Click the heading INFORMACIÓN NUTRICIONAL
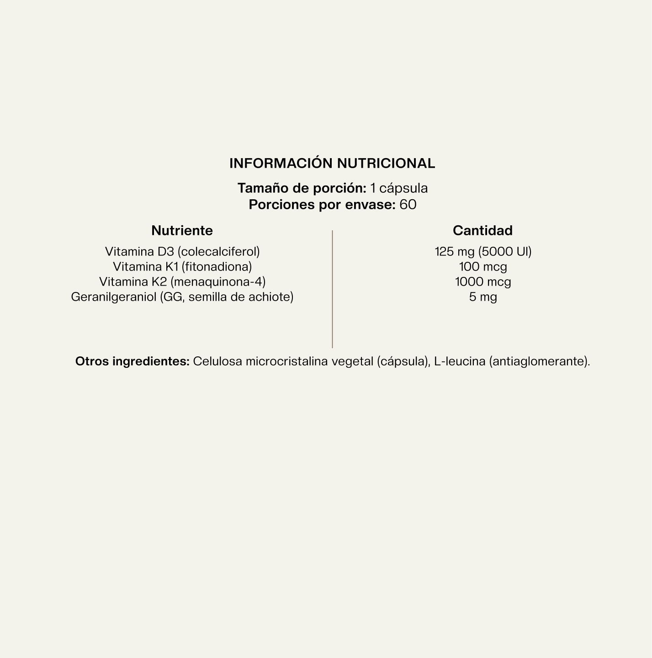click(332, 164)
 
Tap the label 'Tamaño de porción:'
click(302, 188)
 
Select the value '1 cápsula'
click(399, 188)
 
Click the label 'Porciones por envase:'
click(322, 205)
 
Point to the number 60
click(408, 205)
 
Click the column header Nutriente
click(182, 231)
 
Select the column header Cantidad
click(482, 231)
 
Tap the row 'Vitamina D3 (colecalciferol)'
click(182, 252)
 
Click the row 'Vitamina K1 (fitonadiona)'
click(182, 267)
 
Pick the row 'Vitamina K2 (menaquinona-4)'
click(182, 282)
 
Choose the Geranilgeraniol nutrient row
click(182, 297)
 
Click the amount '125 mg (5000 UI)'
click(483, 252)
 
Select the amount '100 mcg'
click(483, 267)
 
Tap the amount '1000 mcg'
click(483, 282)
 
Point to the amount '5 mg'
click(483, 297)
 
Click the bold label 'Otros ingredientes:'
click(132, 361)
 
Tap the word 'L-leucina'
click(460, 361)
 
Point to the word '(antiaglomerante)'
click(539, 361)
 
